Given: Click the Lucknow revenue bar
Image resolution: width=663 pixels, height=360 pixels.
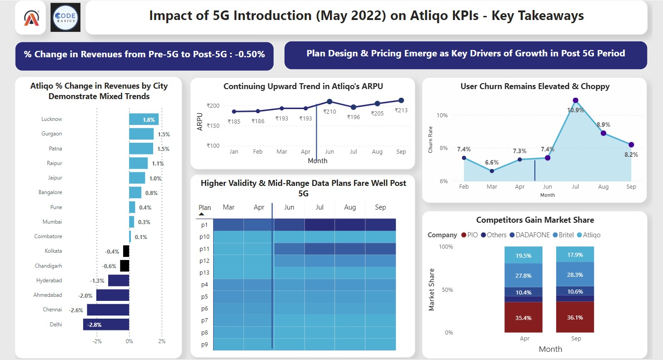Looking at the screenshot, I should (144, 120).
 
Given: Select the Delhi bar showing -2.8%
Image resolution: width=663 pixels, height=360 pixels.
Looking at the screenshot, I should (106, 325).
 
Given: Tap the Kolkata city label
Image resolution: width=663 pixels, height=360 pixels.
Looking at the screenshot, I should (54, 251).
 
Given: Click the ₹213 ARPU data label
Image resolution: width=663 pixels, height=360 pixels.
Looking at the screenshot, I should (401, 110).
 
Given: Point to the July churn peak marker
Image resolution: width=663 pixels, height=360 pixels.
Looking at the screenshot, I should (575, 100).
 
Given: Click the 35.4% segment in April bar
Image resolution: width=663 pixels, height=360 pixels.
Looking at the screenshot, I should (523, 317).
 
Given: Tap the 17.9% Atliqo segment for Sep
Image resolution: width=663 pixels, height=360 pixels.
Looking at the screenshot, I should (575, 255).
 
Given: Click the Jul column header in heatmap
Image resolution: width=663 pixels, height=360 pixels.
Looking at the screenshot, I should (319, 207).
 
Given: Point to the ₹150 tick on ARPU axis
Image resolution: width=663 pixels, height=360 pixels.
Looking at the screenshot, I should (213, 126).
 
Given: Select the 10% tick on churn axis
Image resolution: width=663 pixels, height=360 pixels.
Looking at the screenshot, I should (442, 115).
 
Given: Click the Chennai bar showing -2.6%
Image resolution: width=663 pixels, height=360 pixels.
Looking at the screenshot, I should (108, 310).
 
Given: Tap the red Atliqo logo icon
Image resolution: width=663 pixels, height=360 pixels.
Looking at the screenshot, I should (30, 18).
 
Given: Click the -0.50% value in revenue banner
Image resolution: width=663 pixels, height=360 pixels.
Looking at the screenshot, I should (250, 55).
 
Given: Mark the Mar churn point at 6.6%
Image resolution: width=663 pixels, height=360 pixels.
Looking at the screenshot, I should (492, 171).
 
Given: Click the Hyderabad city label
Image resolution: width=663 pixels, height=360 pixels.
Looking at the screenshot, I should (49, 280).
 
